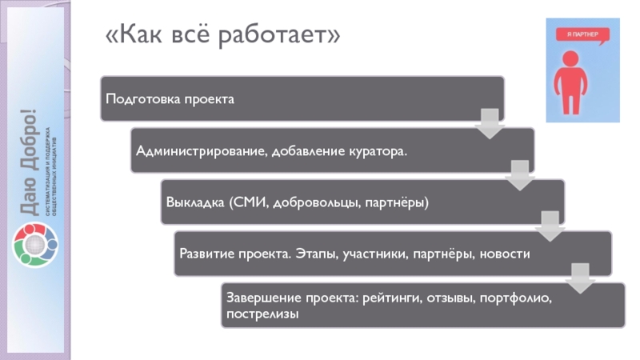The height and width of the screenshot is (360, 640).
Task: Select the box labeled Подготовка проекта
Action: click(x=302, y=99)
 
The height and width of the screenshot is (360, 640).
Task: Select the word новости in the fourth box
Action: click(x=506, y=254)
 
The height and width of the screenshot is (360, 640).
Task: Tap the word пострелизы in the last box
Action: click(x=262, y=314)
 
